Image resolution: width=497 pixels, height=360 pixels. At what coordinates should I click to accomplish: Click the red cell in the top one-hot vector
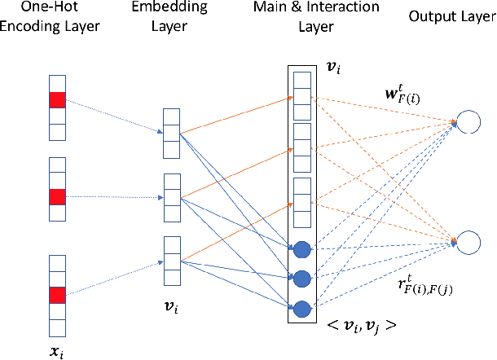tap(56, 100)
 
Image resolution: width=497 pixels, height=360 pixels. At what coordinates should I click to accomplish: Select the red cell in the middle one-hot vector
tap(56, 197)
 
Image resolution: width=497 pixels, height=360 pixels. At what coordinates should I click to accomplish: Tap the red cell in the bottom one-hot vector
tap(56, 294)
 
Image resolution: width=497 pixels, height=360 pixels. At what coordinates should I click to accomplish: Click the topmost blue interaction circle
tap(301, 248)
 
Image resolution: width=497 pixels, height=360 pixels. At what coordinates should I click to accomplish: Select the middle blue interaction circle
tap(301, 278)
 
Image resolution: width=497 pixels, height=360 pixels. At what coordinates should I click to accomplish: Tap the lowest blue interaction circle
tap(301, 309)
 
